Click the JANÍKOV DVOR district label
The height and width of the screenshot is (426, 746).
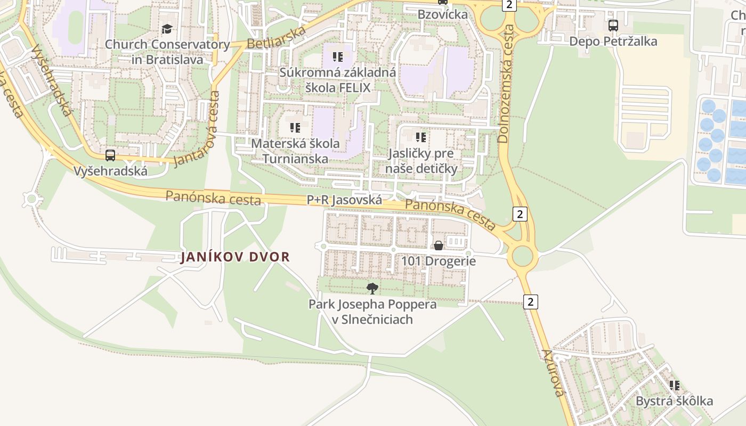[x=235, y=257]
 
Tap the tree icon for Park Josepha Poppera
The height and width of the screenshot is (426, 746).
[x=372, y=289]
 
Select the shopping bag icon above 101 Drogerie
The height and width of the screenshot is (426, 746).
[x=438, y=245]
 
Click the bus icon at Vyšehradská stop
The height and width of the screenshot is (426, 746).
[x=110, y=155]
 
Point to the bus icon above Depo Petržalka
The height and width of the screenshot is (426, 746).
[x=613, y=25]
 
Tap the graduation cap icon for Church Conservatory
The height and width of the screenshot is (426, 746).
[x=167, y=29]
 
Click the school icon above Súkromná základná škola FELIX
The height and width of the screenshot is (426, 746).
[x=338, y=56]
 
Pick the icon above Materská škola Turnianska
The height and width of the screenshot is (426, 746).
[x=295, y=128]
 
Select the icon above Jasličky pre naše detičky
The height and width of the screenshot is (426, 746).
[x=421, y=137]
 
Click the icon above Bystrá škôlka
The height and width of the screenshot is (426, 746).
[x=675, y=386]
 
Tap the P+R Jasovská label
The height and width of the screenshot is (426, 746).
[x=344, y=200]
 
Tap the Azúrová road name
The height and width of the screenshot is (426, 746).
[x=553, y=373]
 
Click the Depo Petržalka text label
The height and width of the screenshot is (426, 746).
[x=613, y=42]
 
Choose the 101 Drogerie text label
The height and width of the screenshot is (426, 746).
[x=438, y=261]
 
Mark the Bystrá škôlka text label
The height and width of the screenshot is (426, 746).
[x=674, y=401]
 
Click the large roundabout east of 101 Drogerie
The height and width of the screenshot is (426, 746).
[x=522, y=257]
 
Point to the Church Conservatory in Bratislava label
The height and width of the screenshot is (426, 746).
[x=167, y=52]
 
